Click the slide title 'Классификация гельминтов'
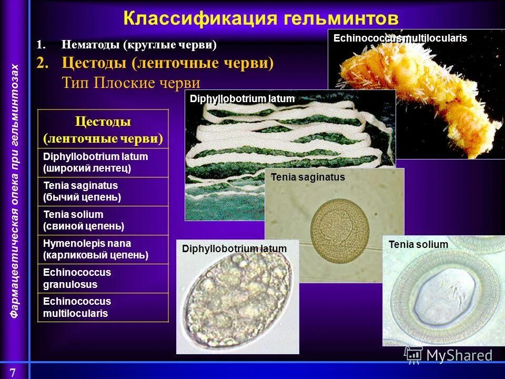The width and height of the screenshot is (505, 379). [261, 18]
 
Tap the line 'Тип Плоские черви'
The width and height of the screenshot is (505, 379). [131, 83]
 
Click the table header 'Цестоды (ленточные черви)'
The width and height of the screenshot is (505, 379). [103, 129]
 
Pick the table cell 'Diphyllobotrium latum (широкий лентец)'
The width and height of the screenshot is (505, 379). [103, 163]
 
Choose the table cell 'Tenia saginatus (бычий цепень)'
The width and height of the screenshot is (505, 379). [103, 192]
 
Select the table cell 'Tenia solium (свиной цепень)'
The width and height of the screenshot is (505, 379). [103, 221]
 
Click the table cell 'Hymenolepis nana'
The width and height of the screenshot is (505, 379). [103, 250]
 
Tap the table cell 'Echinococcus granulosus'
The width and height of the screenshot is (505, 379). [103, 278]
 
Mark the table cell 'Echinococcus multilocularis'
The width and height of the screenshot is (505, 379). [103, 307]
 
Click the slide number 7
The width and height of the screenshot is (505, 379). [13, 372]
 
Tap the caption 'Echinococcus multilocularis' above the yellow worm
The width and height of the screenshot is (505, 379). [400, 38]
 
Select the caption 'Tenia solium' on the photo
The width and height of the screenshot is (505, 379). [418, 244]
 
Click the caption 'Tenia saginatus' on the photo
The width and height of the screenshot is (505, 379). [308, 177]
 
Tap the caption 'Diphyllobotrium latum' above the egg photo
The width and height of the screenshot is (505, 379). [235, 249]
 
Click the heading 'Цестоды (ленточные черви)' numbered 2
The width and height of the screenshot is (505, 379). [167, 63]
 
